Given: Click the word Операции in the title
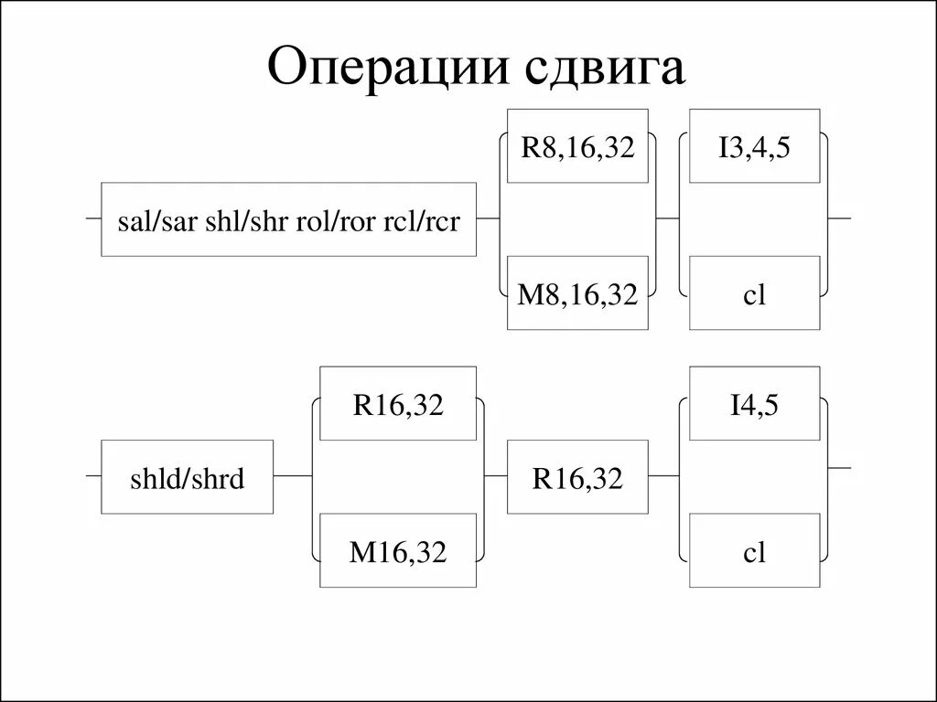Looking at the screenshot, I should point(385,69).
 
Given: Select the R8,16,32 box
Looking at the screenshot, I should point(577,146).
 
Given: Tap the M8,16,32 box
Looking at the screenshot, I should point(577,293).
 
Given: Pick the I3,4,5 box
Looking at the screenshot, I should point(754,146).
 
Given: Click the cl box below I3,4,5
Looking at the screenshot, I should point(754,293).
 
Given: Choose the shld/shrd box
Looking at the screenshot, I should point(187,477).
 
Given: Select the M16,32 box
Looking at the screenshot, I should point(397,550).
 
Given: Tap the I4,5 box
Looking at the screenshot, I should point(754,404).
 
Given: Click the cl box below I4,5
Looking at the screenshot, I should point(754,550).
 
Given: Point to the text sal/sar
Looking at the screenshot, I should point(156,220).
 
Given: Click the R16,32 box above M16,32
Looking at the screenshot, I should point(397,404).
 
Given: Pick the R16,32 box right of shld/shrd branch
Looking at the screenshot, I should point(577,477).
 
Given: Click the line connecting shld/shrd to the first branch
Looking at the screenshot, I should point(293,476).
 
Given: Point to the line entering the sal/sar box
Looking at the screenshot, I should point(92,219).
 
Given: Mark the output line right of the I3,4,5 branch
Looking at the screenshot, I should point(840,219).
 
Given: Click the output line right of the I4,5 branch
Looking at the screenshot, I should point(840,468).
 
